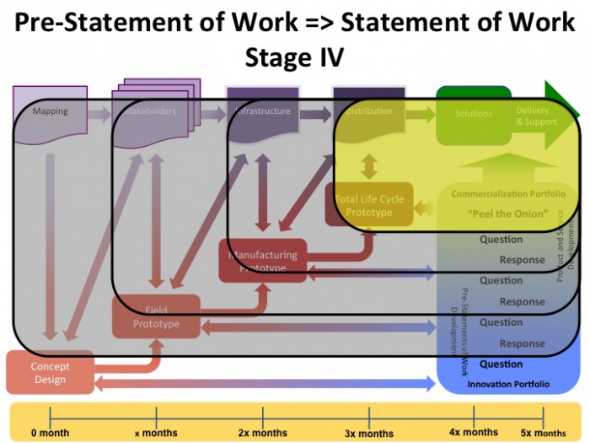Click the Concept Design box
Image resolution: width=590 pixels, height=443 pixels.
tap(51, 373)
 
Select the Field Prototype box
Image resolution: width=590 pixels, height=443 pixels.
tap(157, 316)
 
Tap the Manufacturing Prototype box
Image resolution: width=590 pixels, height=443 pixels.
tap(263, 261)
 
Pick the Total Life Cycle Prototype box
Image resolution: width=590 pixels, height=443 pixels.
tap(369, 205)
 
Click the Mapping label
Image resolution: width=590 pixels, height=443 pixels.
tap(50, 111)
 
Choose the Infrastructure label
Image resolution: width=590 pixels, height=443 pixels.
tap(263, 111)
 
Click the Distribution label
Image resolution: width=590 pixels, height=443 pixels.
tap(369, 111)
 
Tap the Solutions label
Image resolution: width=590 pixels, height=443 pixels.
tap(474, 113)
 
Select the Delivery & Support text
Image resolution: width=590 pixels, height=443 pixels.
tap(537, 116)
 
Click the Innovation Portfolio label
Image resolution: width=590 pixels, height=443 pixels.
tap(508, 385)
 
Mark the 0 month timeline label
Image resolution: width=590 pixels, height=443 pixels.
tap(51, 433)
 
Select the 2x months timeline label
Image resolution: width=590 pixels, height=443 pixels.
tap(263, 433)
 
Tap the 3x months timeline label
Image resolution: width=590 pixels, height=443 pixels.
tap(369, 434)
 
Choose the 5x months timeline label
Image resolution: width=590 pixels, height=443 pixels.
tap(544, 433)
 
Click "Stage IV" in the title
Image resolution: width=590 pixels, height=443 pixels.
tap(295, 57)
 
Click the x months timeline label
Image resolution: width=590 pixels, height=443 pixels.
tap(157, 434)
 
